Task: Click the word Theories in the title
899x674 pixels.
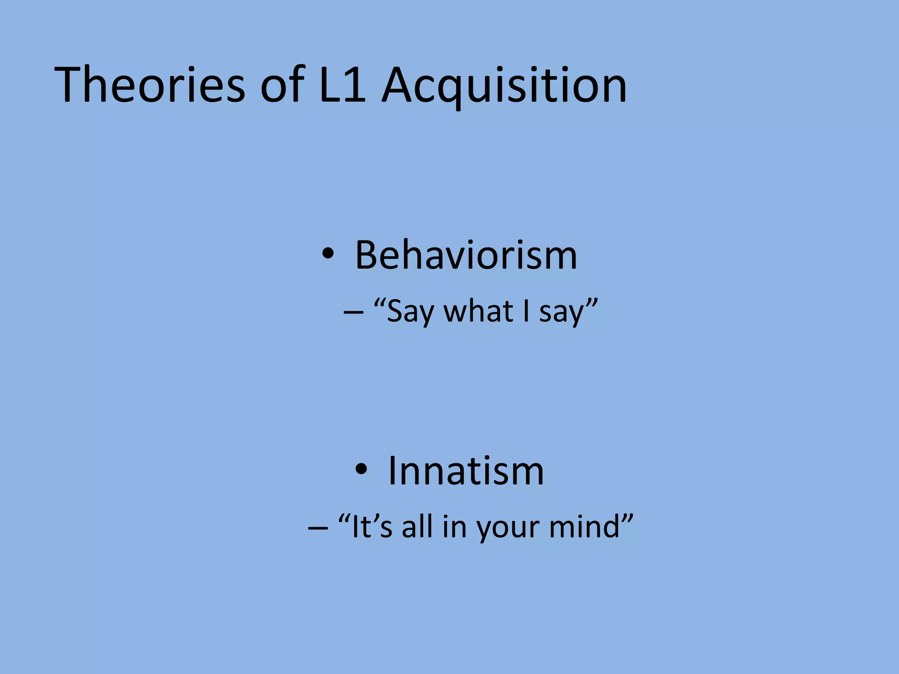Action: (x=149, y=85)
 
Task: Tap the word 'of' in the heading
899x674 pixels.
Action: (x=282, y=85)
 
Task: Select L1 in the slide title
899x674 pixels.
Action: (x=342, y=85)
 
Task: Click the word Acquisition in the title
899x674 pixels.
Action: (x=504, y=85)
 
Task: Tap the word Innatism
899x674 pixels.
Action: (x=466, y=471)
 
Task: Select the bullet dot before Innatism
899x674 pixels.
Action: (x=361, y=470)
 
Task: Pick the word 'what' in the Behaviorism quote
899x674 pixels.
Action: (x=478, y=311)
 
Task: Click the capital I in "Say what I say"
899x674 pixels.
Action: (x=526, y=311)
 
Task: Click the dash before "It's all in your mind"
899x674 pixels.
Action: (x=318, y=527)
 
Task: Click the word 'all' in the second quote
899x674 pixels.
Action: (x=417, y=527)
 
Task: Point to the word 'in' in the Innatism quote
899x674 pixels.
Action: (x=454, y=527)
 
